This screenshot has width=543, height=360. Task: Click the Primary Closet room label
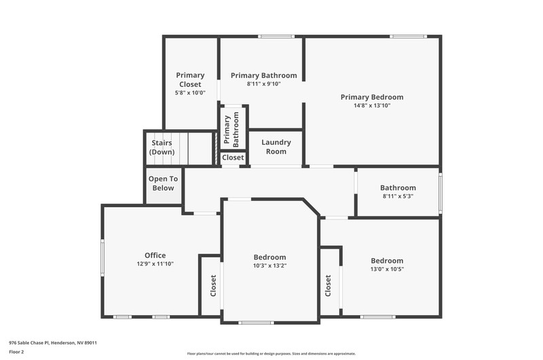(x=190, y=79)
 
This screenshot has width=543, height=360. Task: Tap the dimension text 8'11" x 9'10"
(x=263, y=84)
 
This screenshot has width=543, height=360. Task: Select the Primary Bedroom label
(x=372, y=97)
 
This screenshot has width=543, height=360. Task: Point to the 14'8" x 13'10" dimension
(x=372, y=105)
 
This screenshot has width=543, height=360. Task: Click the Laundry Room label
(x=276, y=147)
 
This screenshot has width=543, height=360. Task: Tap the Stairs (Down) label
(x=162, y=147)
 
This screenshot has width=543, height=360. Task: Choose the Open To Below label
(x=163, y=183)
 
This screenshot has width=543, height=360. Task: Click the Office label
(x=155, y=255)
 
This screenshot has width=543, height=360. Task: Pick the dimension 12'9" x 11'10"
(x=155, y=264)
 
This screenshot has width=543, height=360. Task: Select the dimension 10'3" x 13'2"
(x=269, y=266)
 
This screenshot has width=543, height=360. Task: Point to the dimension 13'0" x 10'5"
(x=387, y=269)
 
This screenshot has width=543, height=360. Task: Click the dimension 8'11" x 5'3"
(x=398, y=196)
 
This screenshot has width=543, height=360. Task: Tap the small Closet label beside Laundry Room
(x=233, y=158)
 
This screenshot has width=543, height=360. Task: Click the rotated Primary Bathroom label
(x=231, y=130)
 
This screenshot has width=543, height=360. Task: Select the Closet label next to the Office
(x=213, y=285)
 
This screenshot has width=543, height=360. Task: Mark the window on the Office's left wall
(x=102, y=257)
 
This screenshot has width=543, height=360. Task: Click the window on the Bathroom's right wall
(x=441, y=193)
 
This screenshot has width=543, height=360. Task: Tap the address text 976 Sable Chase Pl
(x=29, y=343)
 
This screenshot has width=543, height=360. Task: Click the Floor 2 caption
(x=16, y=352)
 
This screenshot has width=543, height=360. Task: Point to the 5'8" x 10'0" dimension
(x=190, y=93)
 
